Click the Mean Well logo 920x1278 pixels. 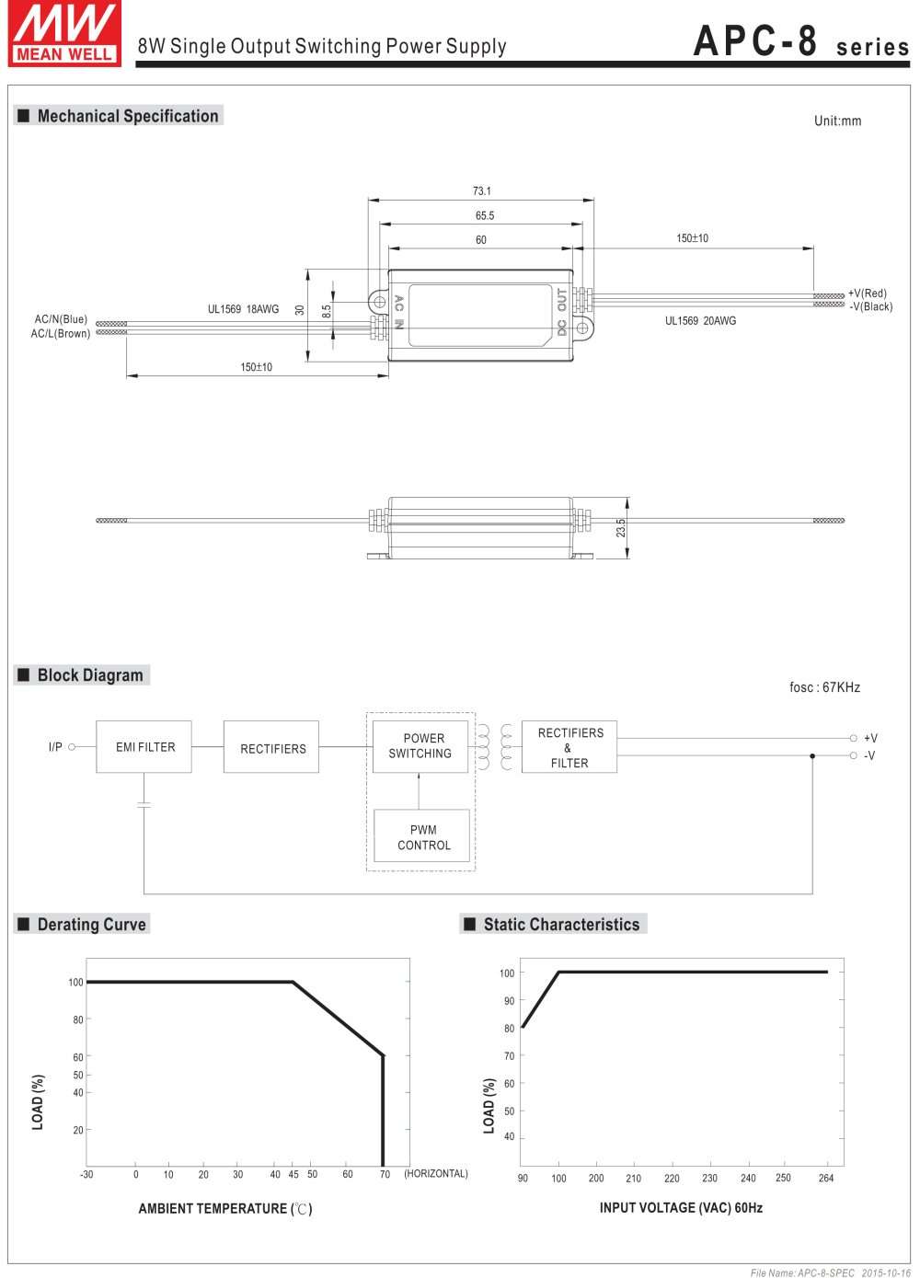click(64, 33)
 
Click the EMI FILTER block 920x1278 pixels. click(144, 747)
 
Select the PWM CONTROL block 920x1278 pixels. click(423, 837)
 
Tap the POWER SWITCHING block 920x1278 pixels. click(420, 746)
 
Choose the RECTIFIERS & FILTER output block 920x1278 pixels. click(569, 747)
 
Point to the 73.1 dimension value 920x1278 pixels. click(481, 191)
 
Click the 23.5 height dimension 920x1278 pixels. click(621, 528)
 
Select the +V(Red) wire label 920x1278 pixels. click(868, 294)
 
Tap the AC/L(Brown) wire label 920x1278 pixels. click(61, 333)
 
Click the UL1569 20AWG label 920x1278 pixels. click(700, 321)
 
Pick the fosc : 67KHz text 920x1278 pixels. click(824, 687)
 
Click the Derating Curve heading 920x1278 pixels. click(91, 925)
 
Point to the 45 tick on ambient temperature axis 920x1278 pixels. click(293, 1174)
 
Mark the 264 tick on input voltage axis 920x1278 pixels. click(826, 1178)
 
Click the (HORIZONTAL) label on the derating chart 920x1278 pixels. click(436, 1174)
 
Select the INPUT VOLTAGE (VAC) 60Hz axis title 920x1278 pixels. click(681, 1207)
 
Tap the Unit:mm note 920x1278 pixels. click(837, 121)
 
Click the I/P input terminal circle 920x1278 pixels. click(72, 747)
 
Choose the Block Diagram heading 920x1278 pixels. click(89, 675)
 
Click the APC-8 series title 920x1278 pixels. click(800, 42)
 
